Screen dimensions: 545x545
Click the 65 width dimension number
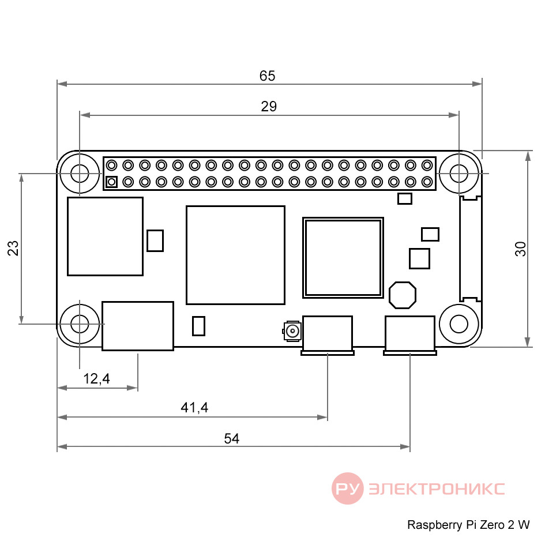(x=267, y=76)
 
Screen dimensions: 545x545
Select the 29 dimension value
(x=269, y=106)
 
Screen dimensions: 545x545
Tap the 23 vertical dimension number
(x=13, y=248)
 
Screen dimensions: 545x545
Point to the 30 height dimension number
(x=520, y=249)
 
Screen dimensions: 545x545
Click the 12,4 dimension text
(x=97, y=379)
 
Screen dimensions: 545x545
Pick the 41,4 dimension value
(x=194, y=408)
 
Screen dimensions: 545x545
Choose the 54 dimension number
(x=231, y=438)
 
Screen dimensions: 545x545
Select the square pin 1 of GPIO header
(x=111, y=182)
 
